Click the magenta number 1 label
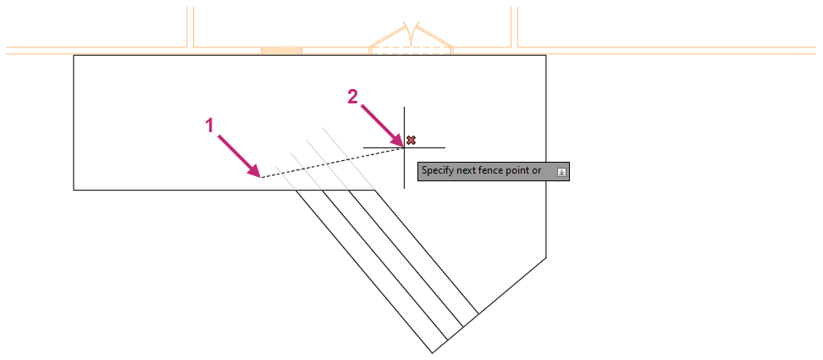[x=212, y=125]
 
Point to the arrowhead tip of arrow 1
[x=259, y=176]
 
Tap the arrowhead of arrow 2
[x=401, y=144]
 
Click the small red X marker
[x=411, y=140]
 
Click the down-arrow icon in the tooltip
[x=561, y=172]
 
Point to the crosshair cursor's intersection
[x=404, y=147]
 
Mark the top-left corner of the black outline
[x=75, y=56]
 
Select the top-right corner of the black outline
[x=546, y=56]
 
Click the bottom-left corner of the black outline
[x=75, y=190]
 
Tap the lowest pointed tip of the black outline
[x=432, y=352]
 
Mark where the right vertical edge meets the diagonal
[x=546, y=257]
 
